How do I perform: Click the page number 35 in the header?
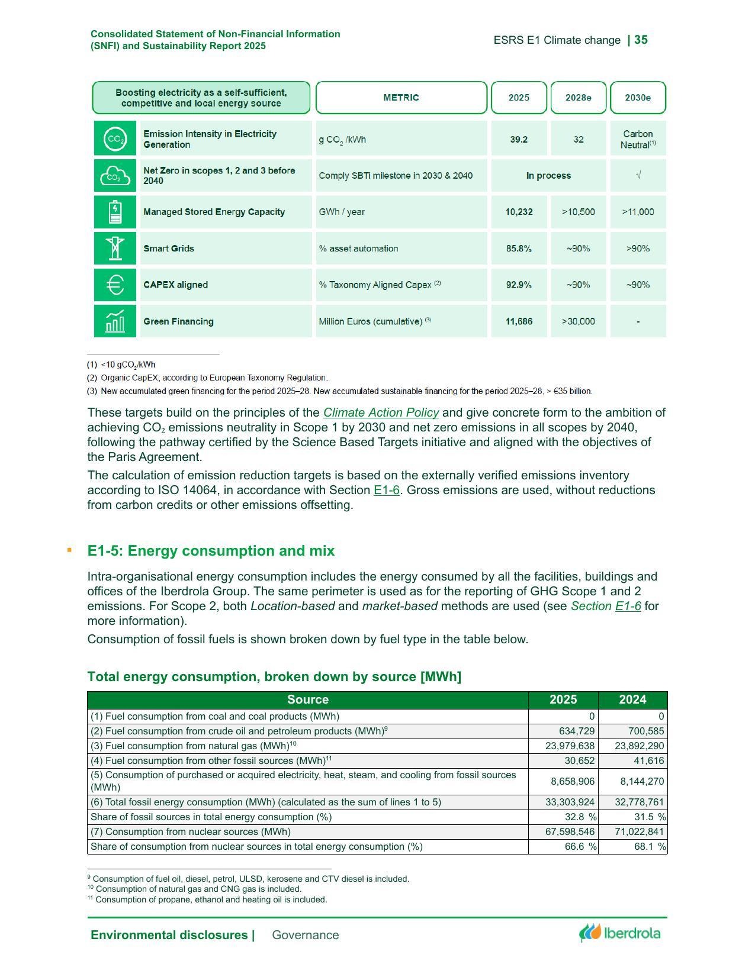641,40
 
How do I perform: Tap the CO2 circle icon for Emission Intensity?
115,139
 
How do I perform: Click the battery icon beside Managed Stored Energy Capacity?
115,212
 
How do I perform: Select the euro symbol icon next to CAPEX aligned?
115,285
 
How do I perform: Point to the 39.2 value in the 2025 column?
519,139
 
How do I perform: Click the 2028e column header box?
578,98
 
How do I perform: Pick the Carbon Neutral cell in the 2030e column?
638,139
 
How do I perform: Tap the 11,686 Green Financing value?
519,321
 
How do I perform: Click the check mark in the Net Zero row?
638,176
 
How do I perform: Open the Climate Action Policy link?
381,412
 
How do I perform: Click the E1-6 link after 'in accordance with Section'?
386,490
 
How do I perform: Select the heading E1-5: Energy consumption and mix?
211,551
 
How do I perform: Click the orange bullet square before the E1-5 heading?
70,550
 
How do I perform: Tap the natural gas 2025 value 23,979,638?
569,746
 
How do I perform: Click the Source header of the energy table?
307,699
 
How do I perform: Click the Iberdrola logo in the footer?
620,933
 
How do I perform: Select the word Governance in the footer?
305,935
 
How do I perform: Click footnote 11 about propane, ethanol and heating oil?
207,899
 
